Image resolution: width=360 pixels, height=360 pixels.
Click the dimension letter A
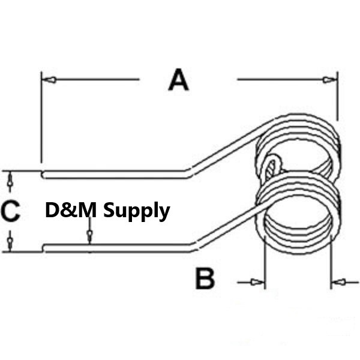pyautogui.click(x=179, y=80)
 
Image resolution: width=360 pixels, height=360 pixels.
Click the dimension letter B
pyautogui.click(x=205, y=278)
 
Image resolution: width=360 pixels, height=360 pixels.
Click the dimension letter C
pyautogui.click(x=10, y=211)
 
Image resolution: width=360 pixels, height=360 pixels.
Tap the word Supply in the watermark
pyautogui.click(x=137, y=211)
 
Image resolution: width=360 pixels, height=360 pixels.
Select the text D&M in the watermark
pyautogui.click(x=71, y=210)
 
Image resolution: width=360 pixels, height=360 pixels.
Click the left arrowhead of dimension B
pyautogui.click(x=257, y=282)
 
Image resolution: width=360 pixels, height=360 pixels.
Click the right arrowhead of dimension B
pyautogui.click(x=339, y=281)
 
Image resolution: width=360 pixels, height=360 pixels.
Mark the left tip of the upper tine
pyautogui.click(x=42, y=175)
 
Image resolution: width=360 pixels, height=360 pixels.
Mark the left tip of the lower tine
pyautogui.click(x=43, y=248)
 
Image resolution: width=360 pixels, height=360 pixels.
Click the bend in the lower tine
pyautogui.click(x=194, y=247)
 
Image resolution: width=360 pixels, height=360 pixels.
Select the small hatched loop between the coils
pyautogui.click(x=272, y=166)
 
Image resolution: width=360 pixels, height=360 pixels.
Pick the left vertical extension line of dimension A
pyautogui.click(x=41, y=117)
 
